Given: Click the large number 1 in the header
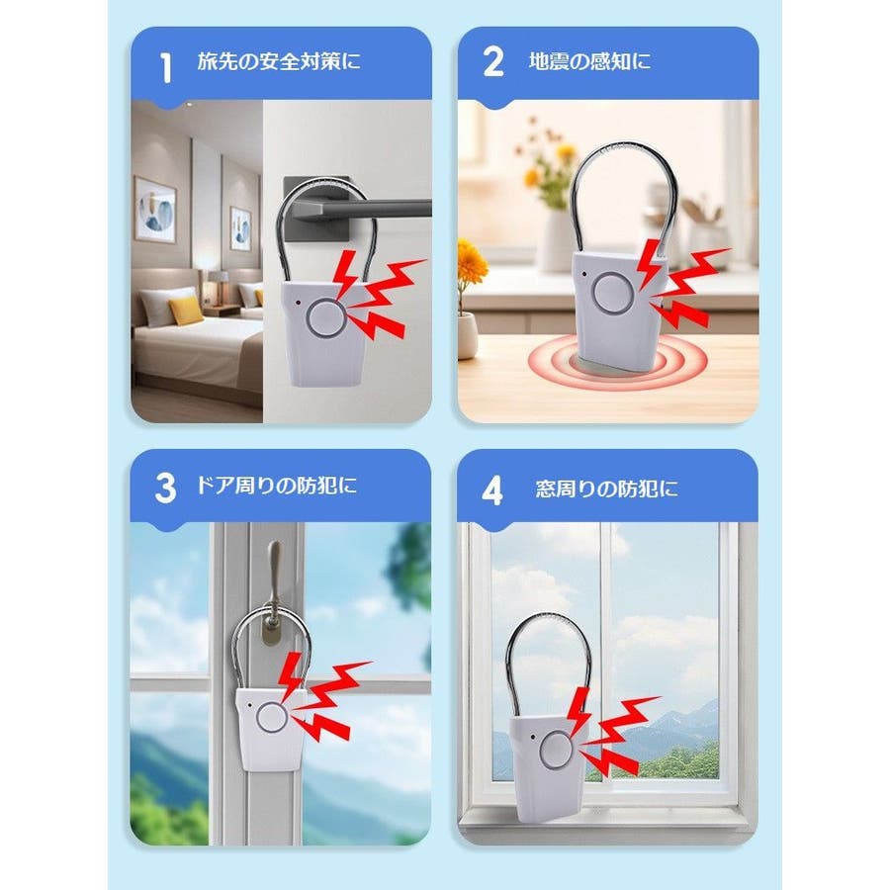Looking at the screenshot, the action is [166, 68].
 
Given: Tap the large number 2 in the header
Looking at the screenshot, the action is [493, 61].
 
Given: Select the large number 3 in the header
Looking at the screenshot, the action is [165, 489].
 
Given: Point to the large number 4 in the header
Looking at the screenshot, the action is [492, 490].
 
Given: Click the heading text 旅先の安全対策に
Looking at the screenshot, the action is [279, 61].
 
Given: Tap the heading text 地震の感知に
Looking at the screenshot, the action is [589, 61].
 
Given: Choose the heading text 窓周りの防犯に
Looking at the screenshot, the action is [607, 489].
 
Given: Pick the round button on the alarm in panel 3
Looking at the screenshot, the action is [271, 718].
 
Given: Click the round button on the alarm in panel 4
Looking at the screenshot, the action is [558, 750].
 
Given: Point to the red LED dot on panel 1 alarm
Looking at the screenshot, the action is [298, 303].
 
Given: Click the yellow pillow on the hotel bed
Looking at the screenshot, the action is [186, 311].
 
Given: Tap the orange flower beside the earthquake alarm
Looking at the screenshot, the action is [471, 263].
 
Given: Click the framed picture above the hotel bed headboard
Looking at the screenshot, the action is [155, 210].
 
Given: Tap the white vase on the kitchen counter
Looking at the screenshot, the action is [555, 239].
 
